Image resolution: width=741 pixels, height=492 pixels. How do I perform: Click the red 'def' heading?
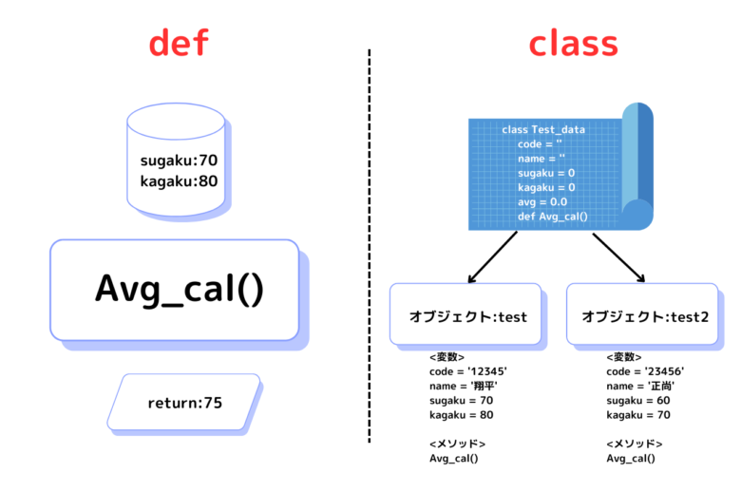pos(179,43)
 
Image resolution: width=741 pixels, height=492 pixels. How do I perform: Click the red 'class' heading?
pos(573,45)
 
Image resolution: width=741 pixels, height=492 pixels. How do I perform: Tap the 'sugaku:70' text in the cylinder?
pos(179,161)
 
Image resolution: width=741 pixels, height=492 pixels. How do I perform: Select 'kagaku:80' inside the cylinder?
pos(179,181)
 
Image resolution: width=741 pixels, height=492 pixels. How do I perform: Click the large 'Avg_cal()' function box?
pos(175,290)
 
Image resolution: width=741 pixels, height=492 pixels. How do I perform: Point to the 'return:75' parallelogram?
pos(184,402)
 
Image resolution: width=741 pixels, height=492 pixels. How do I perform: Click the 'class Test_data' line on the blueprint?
pos(543,129)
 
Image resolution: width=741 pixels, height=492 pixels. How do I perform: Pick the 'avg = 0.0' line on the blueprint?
pos(542,202)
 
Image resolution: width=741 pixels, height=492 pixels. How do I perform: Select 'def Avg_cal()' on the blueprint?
pos(553,217)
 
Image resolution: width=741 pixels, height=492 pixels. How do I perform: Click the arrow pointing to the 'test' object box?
pos(492,257)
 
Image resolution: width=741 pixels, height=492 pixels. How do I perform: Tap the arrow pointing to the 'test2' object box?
pos(619,257)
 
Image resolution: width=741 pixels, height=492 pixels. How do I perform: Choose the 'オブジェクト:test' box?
pos(465,313)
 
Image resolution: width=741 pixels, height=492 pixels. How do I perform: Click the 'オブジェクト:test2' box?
pos(642,313)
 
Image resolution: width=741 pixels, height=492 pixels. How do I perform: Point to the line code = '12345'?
pos(467,371)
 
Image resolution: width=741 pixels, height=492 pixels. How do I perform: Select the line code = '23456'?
pos(645,371)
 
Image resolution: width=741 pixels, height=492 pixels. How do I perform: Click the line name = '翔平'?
pos(464,387)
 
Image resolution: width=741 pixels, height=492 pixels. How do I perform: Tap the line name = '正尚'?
pos(640,387)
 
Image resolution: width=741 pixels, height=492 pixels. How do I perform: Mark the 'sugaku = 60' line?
pos(638,401)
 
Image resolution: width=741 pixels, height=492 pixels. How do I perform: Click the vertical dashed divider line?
pos(370,246)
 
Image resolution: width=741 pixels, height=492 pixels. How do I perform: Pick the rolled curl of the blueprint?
pos(637,165)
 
